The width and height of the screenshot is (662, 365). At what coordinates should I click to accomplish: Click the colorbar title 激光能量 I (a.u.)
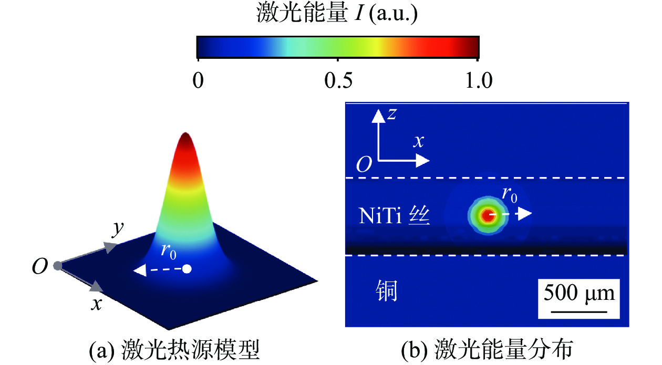(337, 15)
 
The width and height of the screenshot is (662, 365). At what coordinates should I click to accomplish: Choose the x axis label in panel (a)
(95, 303)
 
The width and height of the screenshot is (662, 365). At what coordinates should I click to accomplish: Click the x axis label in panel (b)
(418, 141)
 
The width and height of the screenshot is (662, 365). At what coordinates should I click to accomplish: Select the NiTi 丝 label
(395, 216)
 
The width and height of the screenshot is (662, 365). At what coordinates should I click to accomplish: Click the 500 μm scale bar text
(578, 292)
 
